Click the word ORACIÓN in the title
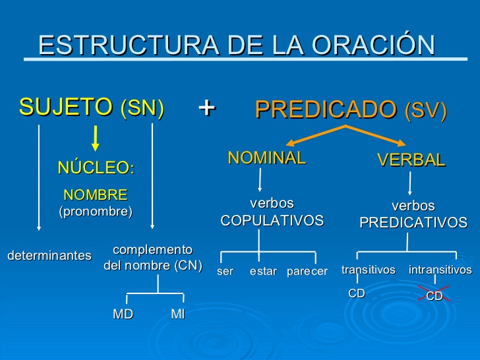tap(373, 44)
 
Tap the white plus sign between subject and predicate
tap(207, 107)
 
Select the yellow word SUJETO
tap(66, 107)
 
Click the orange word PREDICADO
tap(326, 109)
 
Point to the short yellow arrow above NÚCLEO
tap(96, 138)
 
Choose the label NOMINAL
tap(267, 158)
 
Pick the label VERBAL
tap(411, 160)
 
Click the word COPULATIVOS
tap(272, 220)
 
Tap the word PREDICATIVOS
tap(413, 223)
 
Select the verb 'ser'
tap(225, 271)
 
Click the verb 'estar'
tap(263, 271)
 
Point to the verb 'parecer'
tap(307, 272)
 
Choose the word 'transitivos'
tap(369, 270)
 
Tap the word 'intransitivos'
tap(440, 270)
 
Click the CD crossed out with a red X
tap(435, 295)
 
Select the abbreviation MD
tap(123, 314)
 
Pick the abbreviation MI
tap(178, 314)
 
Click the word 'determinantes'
tap(49, 255)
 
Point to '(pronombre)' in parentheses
tap(96, 212)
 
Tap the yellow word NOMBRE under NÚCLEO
tap(96, 195)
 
